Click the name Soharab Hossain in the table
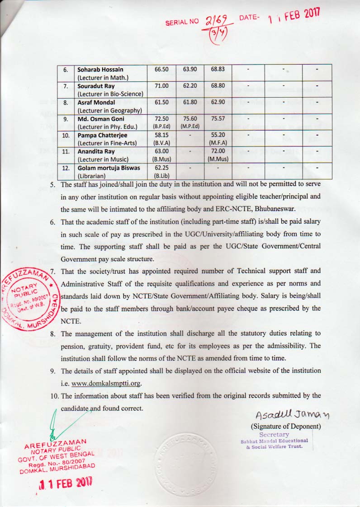[x=100, y=70]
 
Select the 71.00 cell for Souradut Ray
[x=161, y=86]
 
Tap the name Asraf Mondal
[x=96, y=103]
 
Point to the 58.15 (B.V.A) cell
[x=161, y=138]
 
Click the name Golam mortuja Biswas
[x=109, y=168]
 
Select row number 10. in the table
[x=66, y=135]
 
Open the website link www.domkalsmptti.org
[x=107, y=384]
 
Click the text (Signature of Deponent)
[x=286, y=427]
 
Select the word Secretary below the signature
[x=274, y=434]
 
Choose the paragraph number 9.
[x=53, y=371]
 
